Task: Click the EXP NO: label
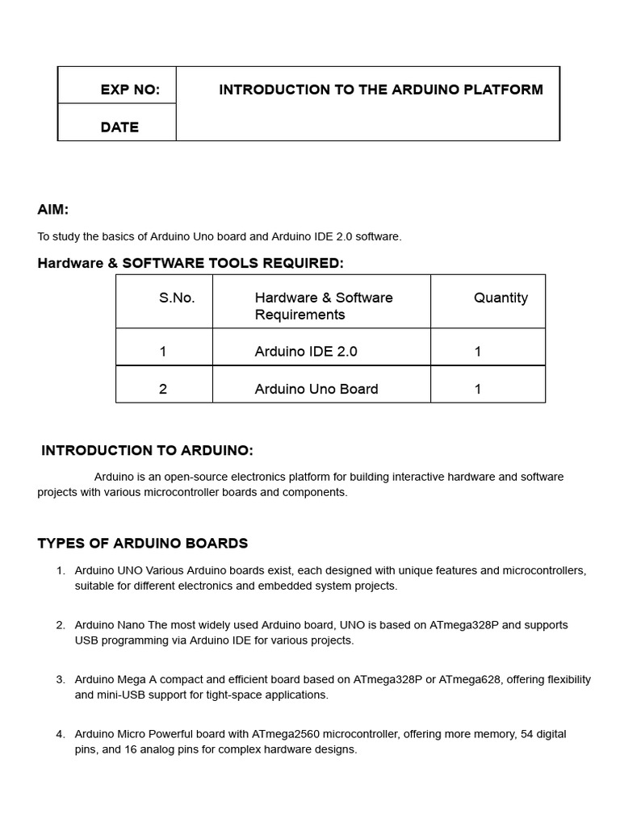coord(130,90)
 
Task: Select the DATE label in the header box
coord(119,127)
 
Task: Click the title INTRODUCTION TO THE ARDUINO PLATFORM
coord(380,90)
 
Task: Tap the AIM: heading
coord(53,210)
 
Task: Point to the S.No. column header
coord(177,298)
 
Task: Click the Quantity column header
coord(501,298)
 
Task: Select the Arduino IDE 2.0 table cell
coord(306,351)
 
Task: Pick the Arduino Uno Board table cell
coord(316,389)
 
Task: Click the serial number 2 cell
coord(163,389)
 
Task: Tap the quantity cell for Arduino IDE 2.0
coord(478,351)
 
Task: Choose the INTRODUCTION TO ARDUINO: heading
coord(147,450)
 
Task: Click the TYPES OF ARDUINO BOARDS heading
coord(143,543)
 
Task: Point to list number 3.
coord(61,679)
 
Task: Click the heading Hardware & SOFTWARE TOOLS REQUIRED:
coord(191,263)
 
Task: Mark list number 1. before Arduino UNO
coord(61,570)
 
